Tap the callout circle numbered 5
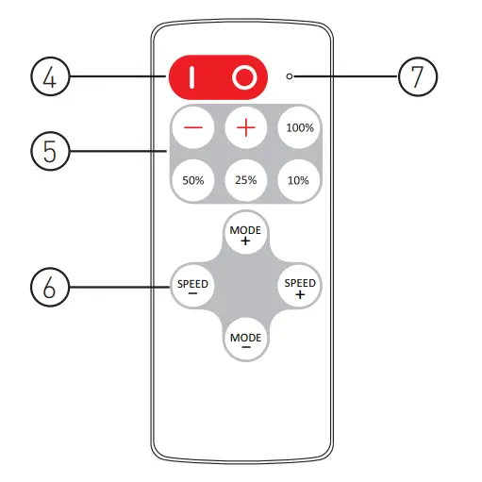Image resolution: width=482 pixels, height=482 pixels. pos(50,152)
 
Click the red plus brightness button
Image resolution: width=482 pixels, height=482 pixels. pos(245,128)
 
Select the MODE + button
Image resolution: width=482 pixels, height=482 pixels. pos(245,233)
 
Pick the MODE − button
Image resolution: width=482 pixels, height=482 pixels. pos(245,340)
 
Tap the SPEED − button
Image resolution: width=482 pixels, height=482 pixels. pos(192,286)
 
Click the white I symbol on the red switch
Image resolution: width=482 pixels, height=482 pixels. pos(192,77)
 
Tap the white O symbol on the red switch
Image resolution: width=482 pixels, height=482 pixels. pos(244,77)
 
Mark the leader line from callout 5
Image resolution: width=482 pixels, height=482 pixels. pos(118,152)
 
